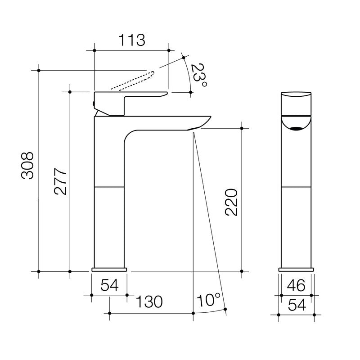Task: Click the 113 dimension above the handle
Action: [132, 40]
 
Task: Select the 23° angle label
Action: [198, 75]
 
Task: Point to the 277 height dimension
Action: [60, 182]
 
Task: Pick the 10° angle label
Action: [208, 299]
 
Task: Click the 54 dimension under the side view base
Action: [109, 285]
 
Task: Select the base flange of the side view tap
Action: [109, 270]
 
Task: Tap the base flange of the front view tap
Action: [296, 270]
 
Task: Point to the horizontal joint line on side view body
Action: [109, 185]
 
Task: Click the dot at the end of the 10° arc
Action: [225, 309]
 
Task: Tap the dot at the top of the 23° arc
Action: [184, 57]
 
